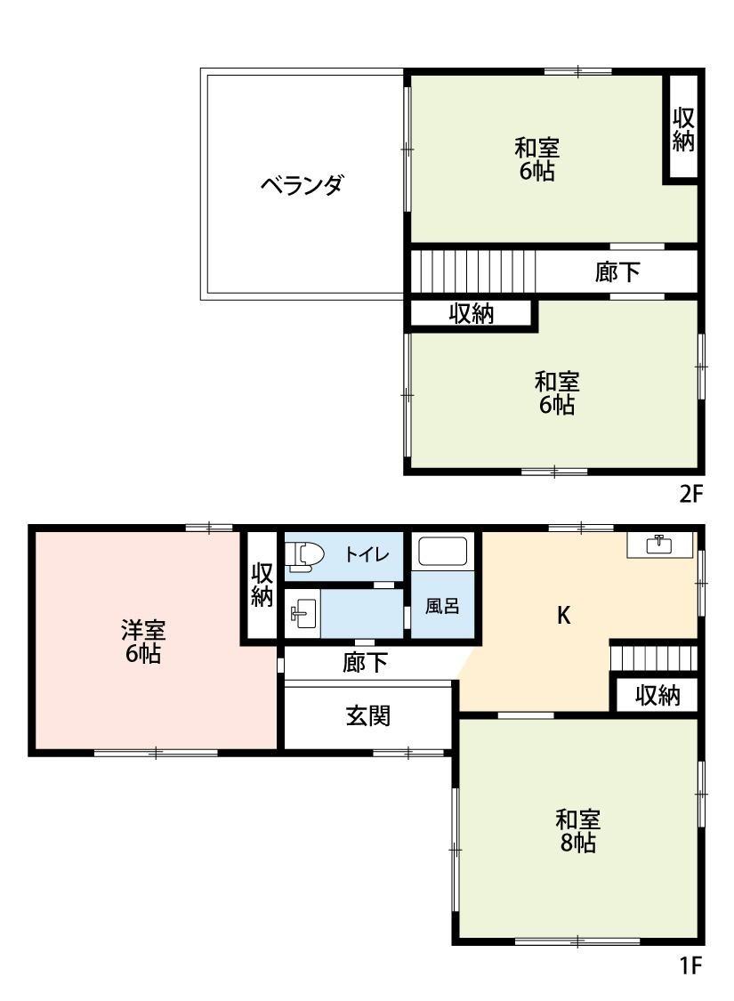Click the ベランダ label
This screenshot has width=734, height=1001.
(x=302, y=185)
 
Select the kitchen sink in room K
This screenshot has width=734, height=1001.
(x=658, y=545)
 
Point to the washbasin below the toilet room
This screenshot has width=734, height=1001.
(x=302, y=612)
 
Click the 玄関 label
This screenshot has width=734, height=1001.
(x=367, y=715)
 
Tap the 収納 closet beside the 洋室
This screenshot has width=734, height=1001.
(x=261, y=585)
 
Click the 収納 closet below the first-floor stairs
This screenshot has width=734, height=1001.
(x=657, y=696)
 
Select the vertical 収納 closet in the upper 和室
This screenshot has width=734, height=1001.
(x=682, y=130)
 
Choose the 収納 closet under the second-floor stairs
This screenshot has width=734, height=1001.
(x=472, y=313)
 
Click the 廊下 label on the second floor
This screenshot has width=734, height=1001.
(x=617, y=271)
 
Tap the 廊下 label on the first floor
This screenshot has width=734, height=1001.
(x=365, y=663)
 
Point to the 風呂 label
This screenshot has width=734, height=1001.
(x=442, y=607)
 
